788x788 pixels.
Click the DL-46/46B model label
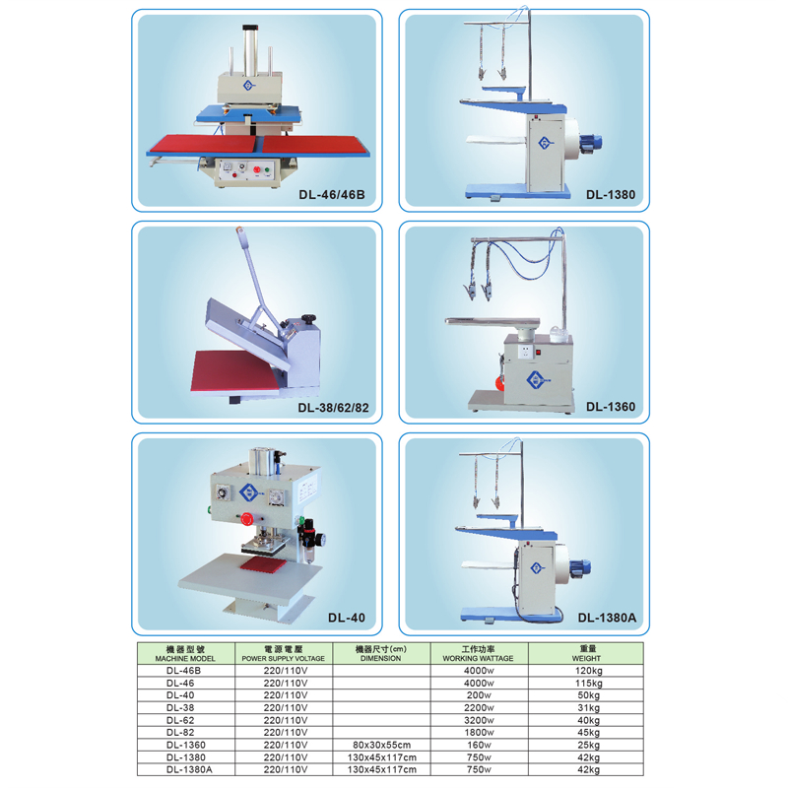click(x=332, y=194)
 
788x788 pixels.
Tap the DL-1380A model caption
click(x=607, y=618)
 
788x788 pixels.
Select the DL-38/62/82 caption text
click(x=333, y=408)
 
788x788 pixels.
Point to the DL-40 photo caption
click(x=347, y=618)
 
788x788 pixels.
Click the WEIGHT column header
click(x=586, y=653)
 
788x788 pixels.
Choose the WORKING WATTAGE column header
click(x=478, y=653)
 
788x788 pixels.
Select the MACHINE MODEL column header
click(x=185, y=654)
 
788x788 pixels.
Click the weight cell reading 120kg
click(x=588, y=671)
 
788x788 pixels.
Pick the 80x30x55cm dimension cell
click(x=381, y=745)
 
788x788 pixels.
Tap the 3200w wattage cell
click(x=479, y=720)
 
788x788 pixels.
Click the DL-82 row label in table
click(x=180, y=732)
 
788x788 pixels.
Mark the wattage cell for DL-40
click(x=479, y=695)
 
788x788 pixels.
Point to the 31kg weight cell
click(x=588, y=707)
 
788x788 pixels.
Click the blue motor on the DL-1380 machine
click(x=589, y=143)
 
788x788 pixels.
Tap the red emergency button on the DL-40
click(x=247, y=519)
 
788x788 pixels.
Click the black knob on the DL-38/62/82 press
click(x=308, y=319)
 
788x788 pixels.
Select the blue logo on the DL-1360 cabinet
click(x=537, y=380)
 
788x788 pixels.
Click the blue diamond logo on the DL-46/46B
click(x=248, y=86)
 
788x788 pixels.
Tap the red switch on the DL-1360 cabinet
click(x=539, y=353)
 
